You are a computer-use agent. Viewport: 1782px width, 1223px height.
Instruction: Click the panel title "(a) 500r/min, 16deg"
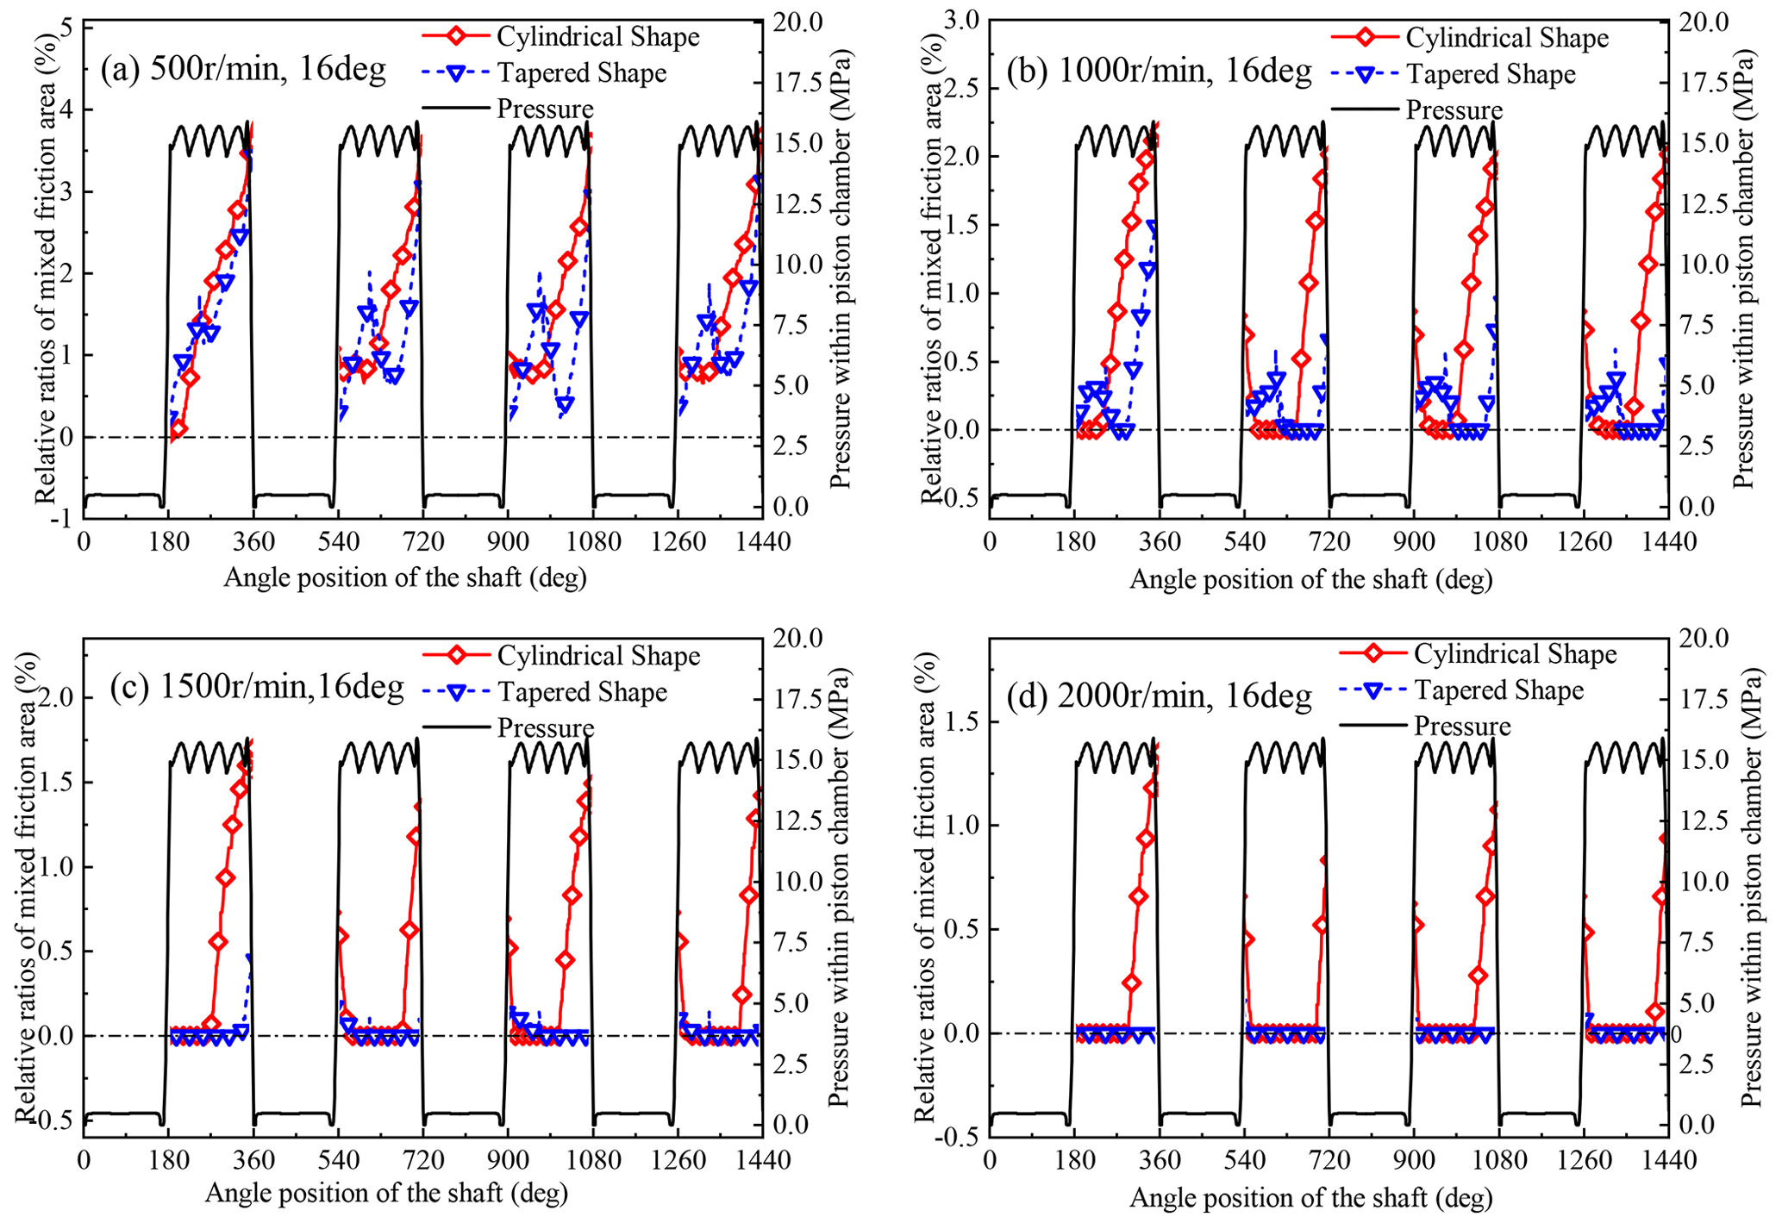[243, 68]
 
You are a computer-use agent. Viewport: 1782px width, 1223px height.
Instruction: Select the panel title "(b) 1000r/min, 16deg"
[1159, 70]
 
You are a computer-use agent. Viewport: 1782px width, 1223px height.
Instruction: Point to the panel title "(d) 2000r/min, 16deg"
[1159, 694]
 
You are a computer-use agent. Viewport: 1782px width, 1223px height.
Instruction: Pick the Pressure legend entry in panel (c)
[545, 728]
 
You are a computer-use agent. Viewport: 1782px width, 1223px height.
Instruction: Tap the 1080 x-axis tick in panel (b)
[1498, 542]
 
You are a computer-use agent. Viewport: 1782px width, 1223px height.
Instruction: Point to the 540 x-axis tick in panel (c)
[338, 1160]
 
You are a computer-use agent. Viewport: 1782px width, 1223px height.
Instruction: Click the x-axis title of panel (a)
[405, 577]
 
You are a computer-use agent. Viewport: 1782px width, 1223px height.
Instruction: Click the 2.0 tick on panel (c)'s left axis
[53, 697]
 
